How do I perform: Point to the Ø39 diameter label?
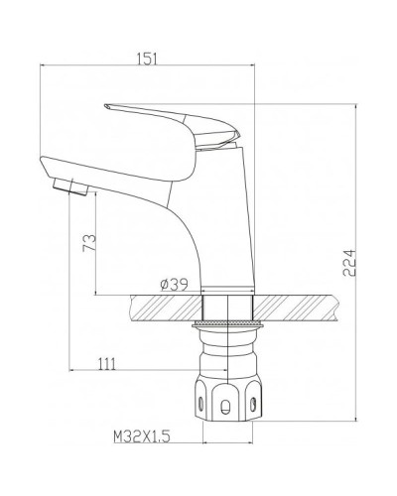177,285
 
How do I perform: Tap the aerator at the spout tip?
66,186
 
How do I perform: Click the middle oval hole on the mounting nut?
229,406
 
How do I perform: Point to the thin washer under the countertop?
228,323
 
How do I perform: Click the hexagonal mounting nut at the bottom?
229,397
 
